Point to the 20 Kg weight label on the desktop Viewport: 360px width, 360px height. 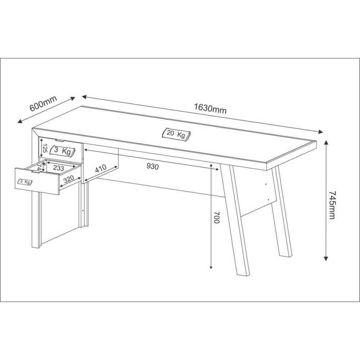(176, 134)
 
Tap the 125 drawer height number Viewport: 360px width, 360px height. (45, 148)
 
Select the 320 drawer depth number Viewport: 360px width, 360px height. (68, 179)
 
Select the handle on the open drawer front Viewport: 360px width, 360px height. (35, 172)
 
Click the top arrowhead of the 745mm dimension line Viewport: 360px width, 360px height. (326, 143)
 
